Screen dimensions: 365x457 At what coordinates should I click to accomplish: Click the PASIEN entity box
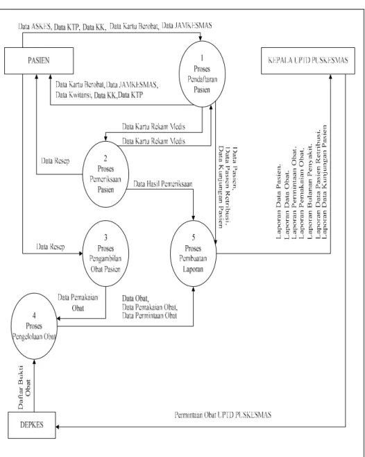coord(39,60)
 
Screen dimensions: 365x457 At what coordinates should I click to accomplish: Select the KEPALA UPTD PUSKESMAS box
coord(308,60)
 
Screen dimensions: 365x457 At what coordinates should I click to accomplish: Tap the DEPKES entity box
coord(32,425)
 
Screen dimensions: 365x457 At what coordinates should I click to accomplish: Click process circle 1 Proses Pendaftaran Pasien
coord(202,74)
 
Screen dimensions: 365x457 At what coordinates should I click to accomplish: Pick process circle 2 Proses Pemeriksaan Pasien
coord(105,174)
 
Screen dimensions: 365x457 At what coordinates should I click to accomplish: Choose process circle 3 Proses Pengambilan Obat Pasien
coord(105,254)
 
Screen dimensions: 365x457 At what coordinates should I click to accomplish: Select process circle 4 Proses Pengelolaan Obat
coord(34,326)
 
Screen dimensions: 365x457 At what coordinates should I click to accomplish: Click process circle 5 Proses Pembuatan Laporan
coord(193,254)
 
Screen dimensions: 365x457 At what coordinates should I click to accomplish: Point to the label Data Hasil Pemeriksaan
coord(163,184)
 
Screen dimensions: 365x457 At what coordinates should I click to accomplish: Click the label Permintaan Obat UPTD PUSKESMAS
coord(223,415)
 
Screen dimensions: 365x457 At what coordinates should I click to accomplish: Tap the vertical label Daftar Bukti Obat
coord(24,388)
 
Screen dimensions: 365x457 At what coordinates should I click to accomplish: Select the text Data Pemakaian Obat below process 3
coord(78,303)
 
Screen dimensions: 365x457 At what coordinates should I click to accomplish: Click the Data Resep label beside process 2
coord(56,161)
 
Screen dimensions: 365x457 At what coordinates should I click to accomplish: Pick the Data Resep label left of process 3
coord(51,247)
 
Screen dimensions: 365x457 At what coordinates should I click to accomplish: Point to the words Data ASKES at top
coord(35,27)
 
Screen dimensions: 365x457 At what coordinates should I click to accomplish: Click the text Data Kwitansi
coord(74,95)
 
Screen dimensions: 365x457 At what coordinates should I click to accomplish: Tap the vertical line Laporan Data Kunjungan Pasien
coord(324,182)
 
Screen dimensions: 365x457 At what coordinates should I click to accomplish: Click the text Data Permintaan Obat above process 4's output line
coord(149,316)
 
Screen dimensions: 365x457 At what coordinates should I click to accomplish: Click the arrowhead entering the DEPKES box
coord(58,427)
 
